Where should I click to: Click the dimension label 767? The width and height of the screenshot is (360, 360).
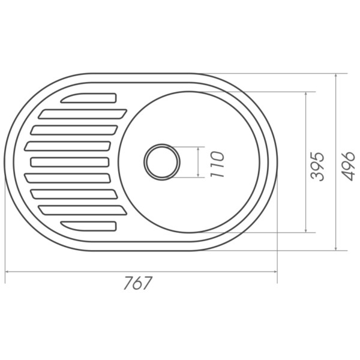[138, 283]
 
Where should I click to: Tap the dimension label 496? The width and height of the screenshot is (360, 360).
[347, 166]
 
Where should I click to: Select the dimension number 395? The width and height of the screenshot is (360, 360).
[317, 166]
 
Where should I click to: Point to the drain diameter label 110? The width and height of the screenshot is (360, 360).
[217, 164]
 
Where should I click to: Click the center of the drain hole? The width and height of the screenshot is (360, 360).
[162, 162]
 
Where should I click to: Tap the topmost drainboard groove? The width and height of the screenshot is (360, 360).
[89, 98]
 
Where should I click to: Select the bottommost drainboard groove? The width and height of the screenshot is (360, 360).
[89, 226]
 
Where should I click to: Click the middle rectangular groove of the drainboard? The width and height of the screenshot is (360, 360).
[70, 162]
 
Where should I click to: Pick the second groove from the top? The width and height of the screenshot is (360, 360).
[83, 114]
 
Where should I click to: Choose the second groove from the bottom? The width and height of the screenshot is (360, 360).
[83, 211]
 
